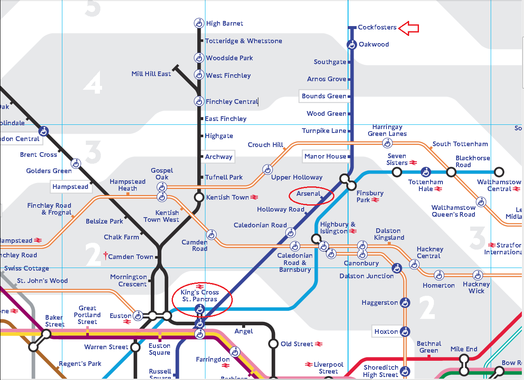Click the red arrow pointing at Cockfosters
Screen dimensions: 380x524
point(409,28)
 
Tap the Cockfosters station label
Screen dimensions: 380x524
point(377,27)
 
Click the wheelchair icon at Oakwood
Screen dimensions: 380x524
point(351,44)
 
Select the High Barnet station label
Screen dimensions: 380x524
point(225,24)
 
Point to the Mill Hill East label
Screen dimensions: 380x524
point(151,74)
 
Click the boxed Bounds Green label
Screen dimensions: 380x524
point(324,96)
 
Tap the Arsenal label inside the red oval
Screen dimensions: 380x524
point(308,194)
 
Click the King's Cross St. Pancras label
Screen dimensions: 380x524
point(200,296)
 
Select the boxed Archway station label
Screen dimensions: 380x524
point(219,157)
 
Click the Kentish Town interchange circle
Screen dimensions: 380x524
point(199,197)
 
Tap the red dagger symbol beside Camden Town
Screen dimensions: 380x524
point(105,256)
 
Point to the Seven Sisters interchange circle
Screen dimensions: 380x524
point(397,172)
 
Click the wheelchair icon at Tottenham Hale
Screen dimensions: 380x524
point(425,172)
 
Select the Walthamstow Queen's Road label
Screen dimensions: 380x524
point(453,211)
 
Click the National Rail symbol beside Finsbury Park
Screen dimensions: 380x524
point(375,200)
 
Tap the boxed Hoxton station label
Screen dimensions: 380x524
point(386,332)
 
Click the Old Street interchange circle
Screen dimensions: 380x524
point(273,344)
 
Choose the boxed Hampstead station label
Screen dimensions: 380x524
point(70,187)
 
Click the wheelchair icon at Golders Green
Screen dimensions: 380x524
point(76,163)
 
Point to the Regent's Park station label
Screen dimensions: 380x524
point(80,364)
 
